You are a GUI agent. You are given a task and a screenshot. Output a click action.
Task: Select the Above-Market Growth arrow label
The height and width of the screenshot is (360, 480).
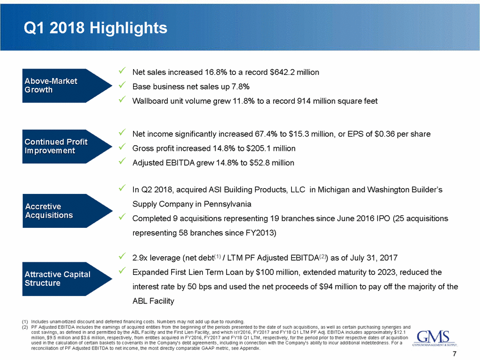tap(51, 86)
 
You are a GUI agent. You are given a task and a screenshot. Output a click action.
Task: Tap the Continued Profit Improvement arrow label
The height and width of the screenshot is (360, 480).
tap(56, 146)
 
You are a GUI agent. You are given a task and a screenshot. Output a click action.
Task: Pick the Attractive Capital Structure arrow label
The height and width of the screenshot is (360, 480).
tap(57, 279)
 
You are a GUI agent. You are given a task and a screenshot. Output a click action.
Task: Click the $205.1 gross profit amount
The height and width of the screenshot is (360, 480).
tap(253, 149)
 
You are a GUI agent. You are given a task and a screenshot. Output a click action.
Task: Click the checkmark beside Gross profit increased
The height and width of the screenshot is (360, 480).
tap(122, 148)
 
